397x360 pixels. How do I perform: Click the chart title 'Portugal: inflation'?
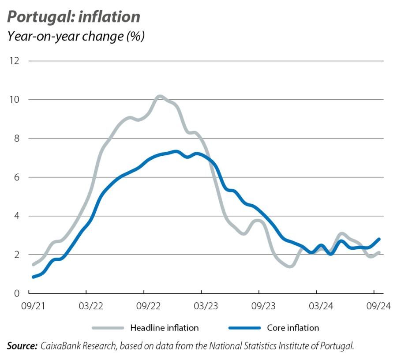(74, 17)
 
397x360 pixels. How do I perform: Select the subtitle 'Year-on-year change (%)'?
(76, 36)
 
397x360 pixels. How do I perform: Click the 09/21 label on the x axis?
(29, 306)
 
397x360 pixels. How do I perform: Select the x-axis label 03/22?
(86, 306)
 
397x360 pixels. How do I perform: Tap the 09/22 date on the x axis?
(144, 306)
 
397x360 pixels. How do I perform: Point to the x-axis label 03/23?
(202, 306)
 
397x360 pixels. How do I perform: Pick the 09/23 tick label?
(259, 306)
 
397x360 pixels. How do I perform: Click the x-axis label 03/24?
(317, 306)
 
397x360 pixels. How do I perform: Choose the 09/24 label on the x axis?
(374, 306)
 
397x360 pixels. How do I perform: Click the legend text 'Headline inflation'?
(164, 328)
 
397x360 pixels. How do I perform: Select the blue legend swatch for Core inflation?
(245, 328)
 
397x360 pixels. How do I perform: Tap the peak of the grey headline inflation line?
(160, 96)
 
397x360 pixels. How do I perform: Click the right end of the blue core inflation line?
(378, 239)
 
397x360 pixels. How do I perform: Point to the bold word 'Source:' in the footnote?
(22, 346)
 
